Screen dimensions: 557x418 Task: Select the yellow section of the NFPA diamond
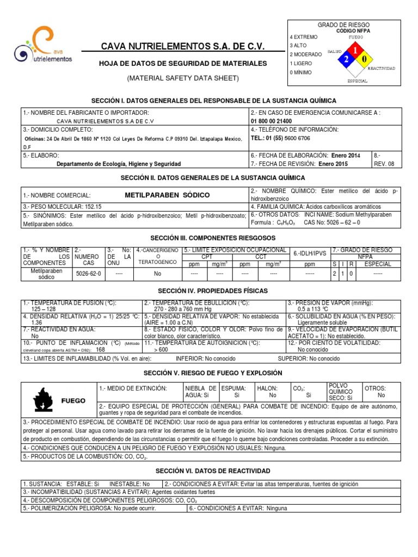tap(365, 59)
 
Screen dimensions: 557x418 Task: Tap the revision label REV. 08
tap(384, 163)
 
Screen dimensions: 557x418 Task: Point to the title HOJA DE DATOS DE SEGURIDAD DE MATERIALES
tap(182, 64)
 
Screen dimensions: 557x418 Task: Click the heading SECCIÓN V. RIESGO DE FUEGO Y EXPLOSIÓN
tap(212, 373)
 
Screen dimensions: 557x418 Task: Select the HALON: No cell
tap(272, 392)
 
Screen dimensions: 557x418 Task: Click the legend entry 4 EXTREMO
tap(304, 36)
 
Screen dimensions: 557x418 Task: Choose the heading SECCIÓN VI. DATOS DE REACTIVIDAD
tap(212, 471)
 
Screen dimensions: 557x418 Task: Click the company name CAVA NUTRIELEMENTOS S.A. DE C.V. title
tap(183, 47)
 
